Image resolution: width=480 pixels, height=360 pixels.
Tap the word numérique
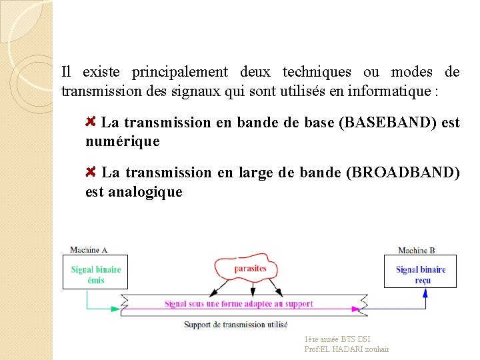tap(123, 141)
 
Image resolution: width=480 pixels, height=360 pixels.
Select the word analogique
tap(145, 192)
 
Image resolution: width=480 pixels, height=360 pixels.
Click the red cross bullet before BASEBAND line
tap(92, 121)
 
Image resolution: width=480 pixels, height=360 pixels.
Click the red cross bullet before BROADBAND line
tap(92, 171)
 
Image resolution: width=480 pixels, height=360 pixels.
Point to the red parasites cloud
tap(249, 269)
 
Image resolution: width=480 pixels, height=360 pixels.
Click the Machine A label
tap(89, 250)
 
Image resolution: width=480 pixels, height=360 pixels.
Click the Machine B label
tap(417, 251)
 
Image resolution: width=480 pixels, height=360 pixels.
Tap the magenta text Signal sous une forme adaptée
tap(239, 304)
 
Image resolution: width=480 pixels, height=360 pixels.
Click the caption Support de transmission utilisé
tap(236, 325)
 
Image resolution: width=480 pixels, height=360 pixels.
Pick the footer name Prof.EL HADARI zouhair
tap(347, 349)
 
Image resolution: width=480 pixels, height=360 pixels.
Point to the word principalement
tap(179, 72)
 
